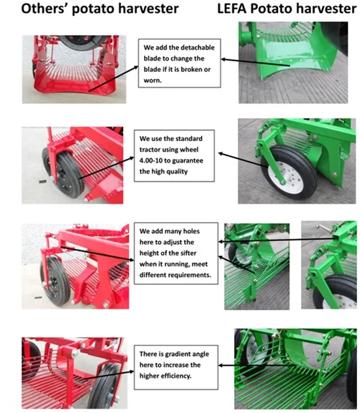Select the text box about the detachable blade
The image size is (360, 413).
(x=179, y=63)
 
